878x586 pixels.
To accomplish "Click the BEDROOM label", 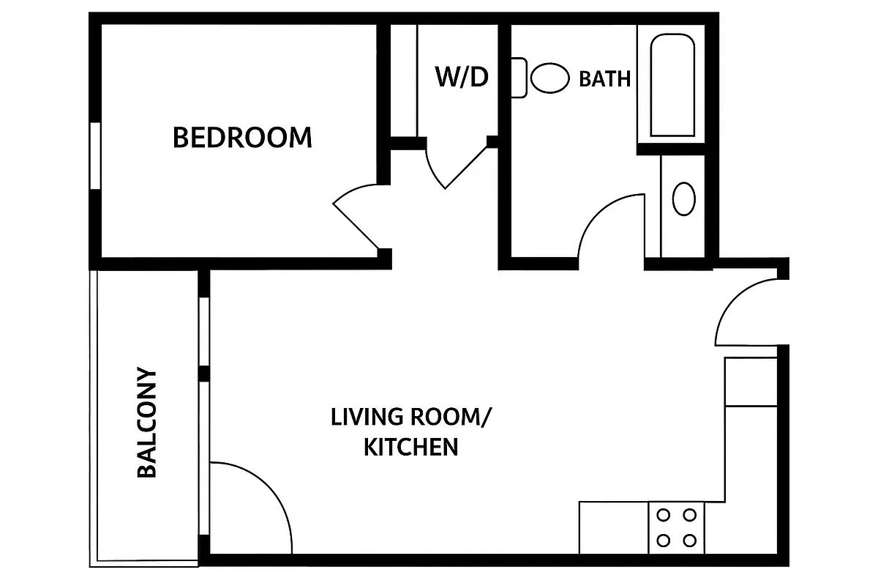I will pyautogui.click(x=242, y=137).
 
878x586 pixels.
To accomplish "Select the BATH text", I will pyautogui.click(x=604, y=78).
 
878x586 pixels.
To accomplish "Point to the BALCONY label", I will pyautogui.click(x=147, y=423).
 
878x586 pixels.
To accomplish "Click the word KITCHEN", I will pyautogui.click(x=411, y=446).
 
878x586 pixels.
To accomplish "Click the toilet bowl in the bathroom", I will pyautogui.click(x=550, y=78).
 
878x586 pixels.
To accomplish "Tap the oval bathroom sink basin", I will pyautogui.click(x=683, y=199).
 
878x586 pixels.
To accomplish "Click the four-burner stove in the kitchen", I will pyautogui.click(x=676, y=527).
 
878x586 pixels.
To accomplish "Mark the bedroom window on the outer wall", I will pyautogui.click(x=94, y=156).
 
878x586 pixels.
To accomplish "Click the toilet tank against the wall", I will pyautogui.click(x=518, y=78).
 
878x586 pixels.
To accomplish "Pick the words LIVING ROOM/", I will pyautogui.click(x=411, y=417).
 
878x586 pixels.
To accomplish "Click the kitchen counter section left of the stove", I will pyautogui.click(x=613, y=527).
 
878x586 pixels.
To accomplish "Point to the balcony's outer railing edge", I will pyautogui.click(x=92, y=418).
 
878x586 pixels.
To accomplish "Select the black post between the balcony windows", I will pyautogui.click(x=204, y=373).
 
